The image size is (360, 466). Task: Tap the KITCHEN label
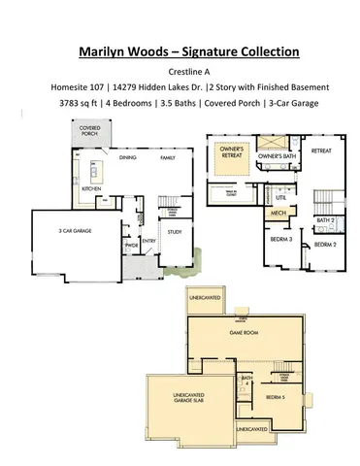coord(91,188)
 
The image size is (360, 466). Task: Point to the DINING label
coord(127,156)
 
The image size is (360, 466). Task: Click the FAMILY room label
coord(167,156)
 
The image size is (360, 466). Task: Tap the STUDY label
coord(175,232)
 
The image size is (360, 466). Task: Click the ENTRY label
coord(149,242)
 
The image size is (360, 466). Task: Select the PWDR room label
coord(129,246)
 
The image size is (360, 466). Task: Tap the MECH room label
coord(278,211)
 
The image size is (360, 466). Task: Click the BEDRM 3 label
coord(280,238)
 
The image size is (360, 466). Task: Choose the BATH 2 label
coord(324,220)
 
